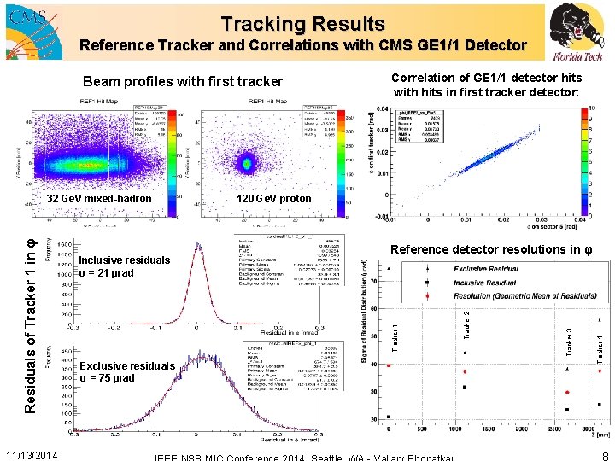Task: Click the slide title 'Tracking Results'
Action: coord(303,24)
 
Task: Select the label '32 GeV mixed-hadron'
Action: coord(99,199)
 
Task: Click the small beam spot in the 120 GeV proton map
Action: coord(248,161)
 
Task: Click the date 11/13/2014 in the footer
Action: coord(32,455)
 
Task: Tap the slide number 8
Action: coord(604,456)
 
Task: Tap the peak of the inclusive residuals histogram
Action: coord(202,248)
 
